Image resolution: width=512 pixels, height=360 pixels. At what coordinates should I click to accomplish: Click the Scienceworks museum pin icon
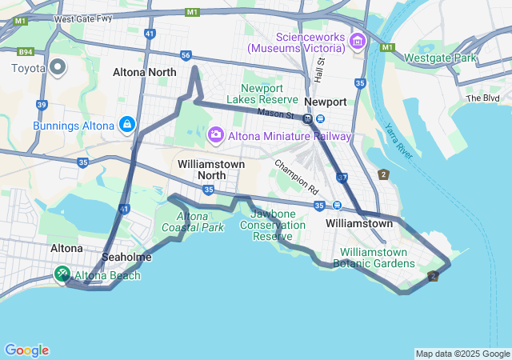click(357, 42)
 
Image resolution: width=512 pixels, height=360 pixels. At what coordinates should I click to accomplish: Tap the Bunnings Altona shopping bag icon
click(126, 126)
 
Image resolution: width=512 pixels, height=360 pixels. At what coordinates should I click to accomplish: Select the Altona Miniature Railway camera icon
click(214, 134)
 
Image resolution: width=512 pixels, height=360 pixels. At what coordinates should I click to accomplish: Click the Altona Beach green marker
click(62, 274)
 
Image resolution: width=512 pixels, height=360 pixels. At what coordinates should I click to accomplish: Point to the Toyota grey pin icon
click(57, 67)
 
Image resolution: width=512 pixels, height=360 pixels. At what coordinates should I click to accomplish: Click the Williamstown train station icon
click(338, 205)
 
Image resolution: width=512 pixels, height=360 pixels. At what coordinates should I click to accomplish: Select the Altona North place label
click(145, 72)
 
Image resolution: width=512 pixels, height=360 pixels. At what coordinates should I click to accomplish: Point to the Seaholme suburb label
click(127, 257)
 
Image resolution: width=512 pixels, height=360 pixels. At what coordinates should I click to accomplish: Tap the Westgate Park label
click(440, 58)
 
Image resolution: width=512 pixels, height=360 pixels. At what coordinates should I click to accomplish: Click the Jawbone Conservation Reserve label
click(278, 225)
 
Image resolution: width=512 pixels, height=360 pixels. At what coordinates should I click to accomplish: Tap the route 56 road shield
click(186, 55)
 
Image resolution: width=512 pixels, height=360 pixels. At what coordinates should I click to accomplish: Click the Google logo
click(26, 350)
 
